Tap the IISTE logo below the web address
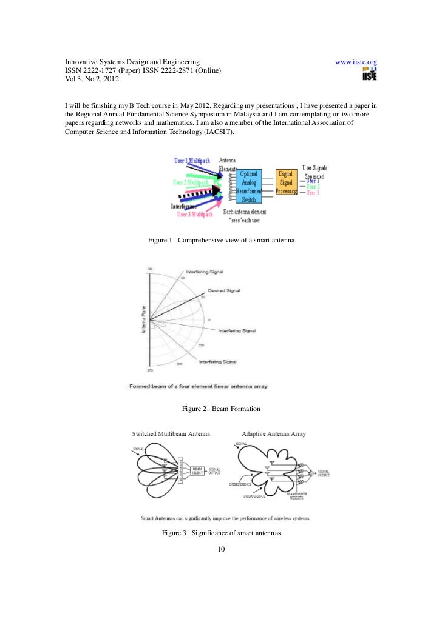point(369,75)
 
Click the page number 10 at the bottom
point(221,549)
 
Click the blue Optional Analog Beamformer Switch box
point(249,186)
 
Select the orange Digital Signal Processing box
point(286,182)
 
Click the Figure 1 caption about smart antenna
point(221,241)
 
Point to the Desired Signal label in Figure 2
point(223,290)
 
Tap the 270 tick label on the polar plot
point(149,370)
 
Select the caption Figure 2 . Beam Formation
point(221,409)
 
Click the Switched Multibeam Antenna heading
point(172,433)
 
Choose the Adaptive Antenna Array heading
point(273,434)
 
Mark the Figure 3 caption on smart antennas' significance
point(221,533)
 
